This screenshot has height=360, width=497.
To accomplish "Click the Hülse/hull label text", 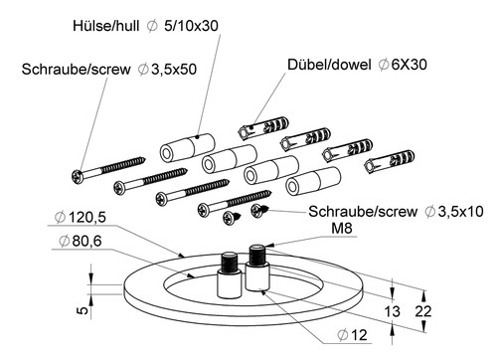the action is click(x=106, y=26).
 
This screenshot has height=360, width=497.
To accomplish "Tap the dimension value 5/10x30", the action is click(x=191, y=26).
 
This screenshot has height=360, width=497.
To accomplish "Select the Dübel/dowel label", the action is click(x=329, y=65).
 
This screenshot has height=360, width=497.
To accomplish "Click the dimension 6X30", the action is click(x=409, y=65).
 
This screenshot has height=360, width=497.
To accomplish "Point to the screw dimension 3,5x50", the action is click(x=174, y=70).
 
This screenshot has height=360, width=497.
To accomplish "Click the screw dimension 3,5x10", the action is click(x=461, y=212).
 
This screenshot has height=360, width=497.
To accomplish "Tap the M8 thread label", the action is click(x=342, y=228).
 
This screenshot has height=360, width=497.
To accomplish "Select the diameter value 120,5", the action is click(x=87, y=218).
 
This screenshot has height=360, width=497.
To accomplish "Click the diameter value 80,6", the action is click(x=86, y=241).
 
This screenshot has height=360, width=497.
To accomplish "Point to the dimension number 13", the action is click(x=392, y=311).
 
